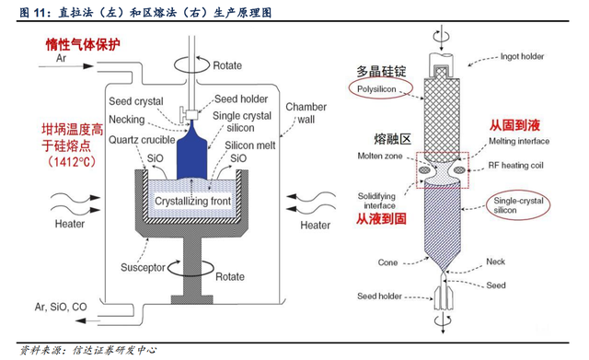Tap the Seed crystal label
[136, 101]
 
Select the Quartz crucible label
[142, 140]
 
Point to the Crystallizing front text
[192, 201]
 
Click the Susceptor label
[143, 267]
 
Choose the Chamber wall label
[306, 113]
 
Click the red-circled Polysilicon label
[376, 89]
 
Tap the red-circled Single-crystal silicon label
[518, 205]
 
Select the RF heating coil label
[515, 166]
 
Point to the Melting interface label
[519, 141]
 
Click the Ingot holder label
[522, 56]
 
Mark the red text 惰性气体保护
[83, 45]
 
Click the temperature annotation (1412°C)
[72, 162]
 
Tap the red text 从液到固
[381, 219]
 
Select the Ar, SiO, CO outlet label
[61, 307]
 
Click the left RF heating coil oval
[425, 170]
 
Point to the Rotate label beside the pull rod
[227, 65]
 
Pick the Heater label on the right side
[315, 225]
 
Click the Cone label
[387, 262]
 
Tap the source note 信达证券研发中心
[114, 351]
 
